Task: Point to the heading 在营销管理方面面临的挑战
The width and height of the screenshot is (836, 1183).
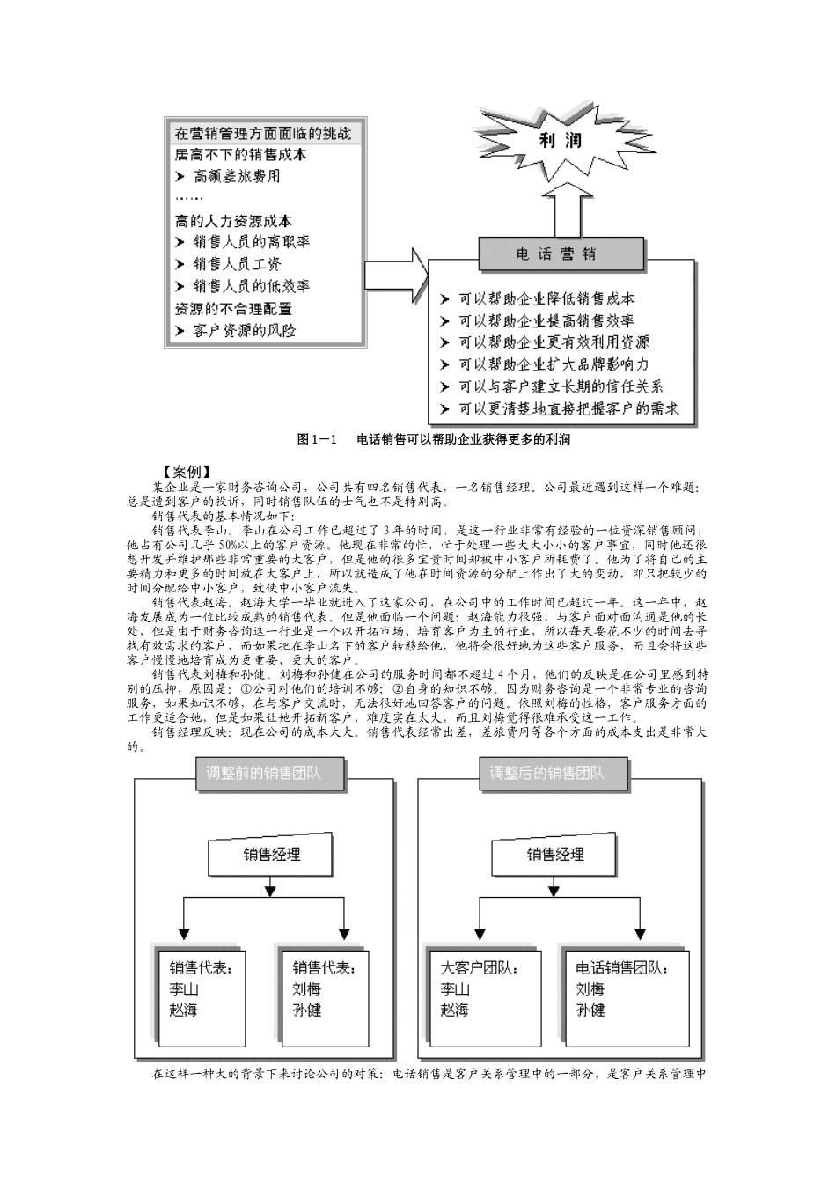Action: pyautogui.click(x=263, y=134)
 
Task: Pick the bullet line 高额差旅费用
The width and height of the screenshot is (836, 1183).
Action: pyautogui.click(x=236, y=176)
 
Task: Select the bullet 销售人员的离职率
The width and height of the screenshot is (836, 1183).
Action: pyautogui.click(x=251, y=242)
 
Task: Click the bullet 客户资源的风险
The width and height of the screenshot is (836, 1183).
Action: pyautogui.click(x=244, y=331)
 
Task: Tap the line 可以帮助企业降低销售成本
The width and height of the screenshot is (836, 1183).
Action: pyautogui.click(x=546, y=299)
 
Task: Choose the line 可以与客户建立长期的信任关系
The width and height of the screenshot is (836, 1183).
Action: pyautogui.click(x=560, y=386)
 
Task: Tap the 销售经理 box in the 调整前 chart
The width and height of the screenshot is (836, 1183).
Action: pyautogui.click(x=270, y=854)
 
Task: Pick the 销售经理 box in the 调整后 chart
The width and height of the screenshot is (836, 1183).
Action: pyautogui.click(x=555, y=854)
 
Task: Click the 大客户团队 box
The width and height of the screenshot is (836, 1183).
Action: pyautogui.click(x=480, y=989)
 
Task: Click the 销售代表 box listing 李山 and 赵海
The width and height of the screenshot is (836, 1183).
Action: pyautogui.click(x=200, y=989)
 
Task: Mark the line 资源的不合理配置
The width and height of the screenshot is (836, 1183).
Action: pyautogui.click(x=233, y=309)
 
